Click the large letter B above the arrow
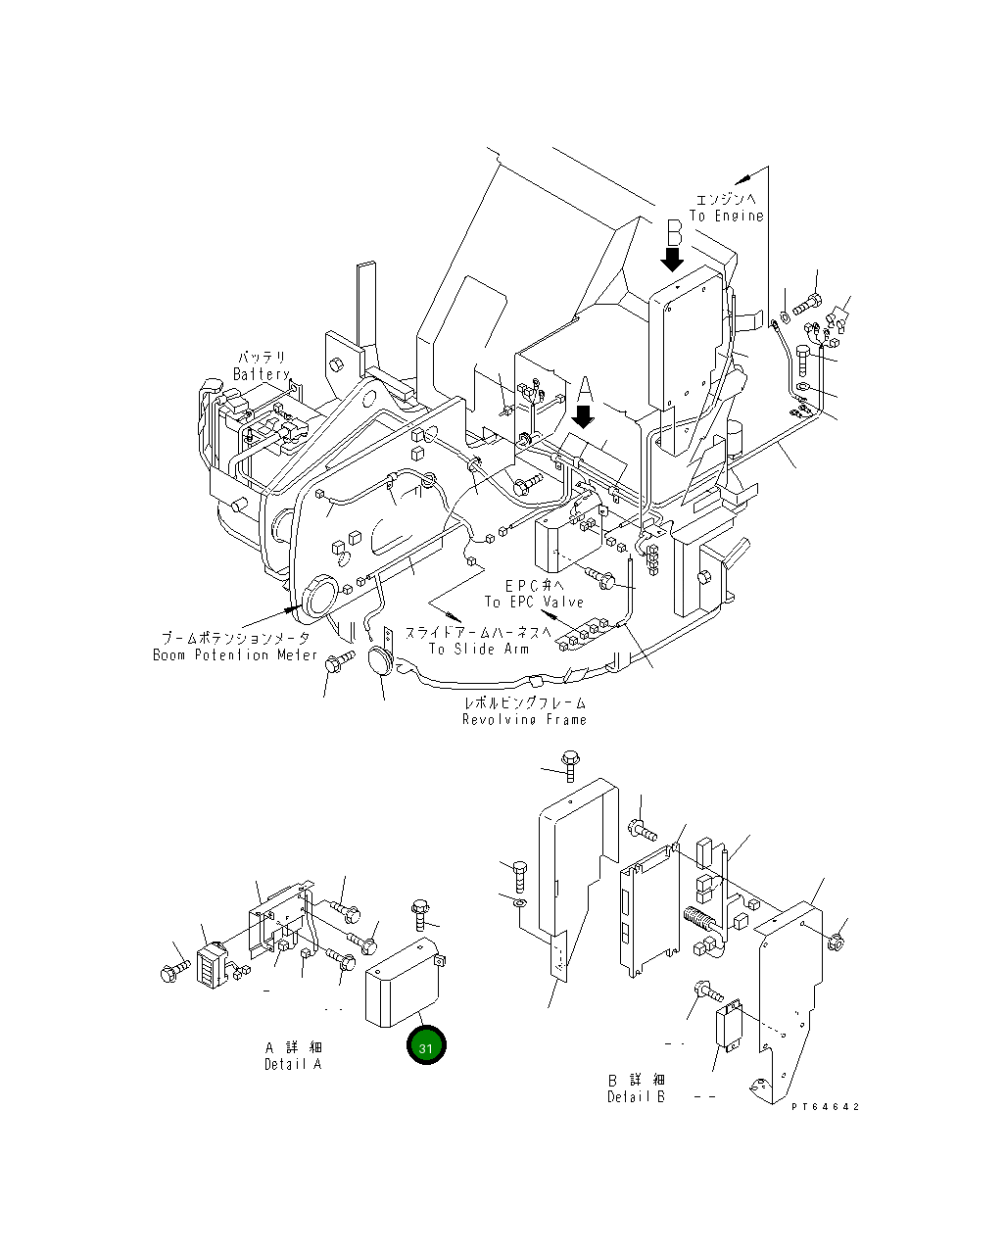click(674, 233)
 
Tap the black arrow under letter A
click(583, 416)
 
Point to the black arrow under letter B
click(673, 259)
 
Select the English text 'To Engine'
click(726, 216)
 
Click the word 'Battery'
click(262, 374)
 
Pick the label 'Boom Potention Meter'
click(235, 654)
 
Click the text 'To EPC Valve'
click(534, 602)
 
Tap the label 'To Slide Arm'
click(478, 649)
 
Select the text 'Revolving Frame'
click(525, 719)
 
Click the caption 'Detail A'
click(292, 1064)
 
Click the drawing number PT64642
click(826, 1106)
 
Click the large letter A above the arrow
click(584, 389)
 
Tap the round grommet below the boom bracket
click(382, 659)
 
